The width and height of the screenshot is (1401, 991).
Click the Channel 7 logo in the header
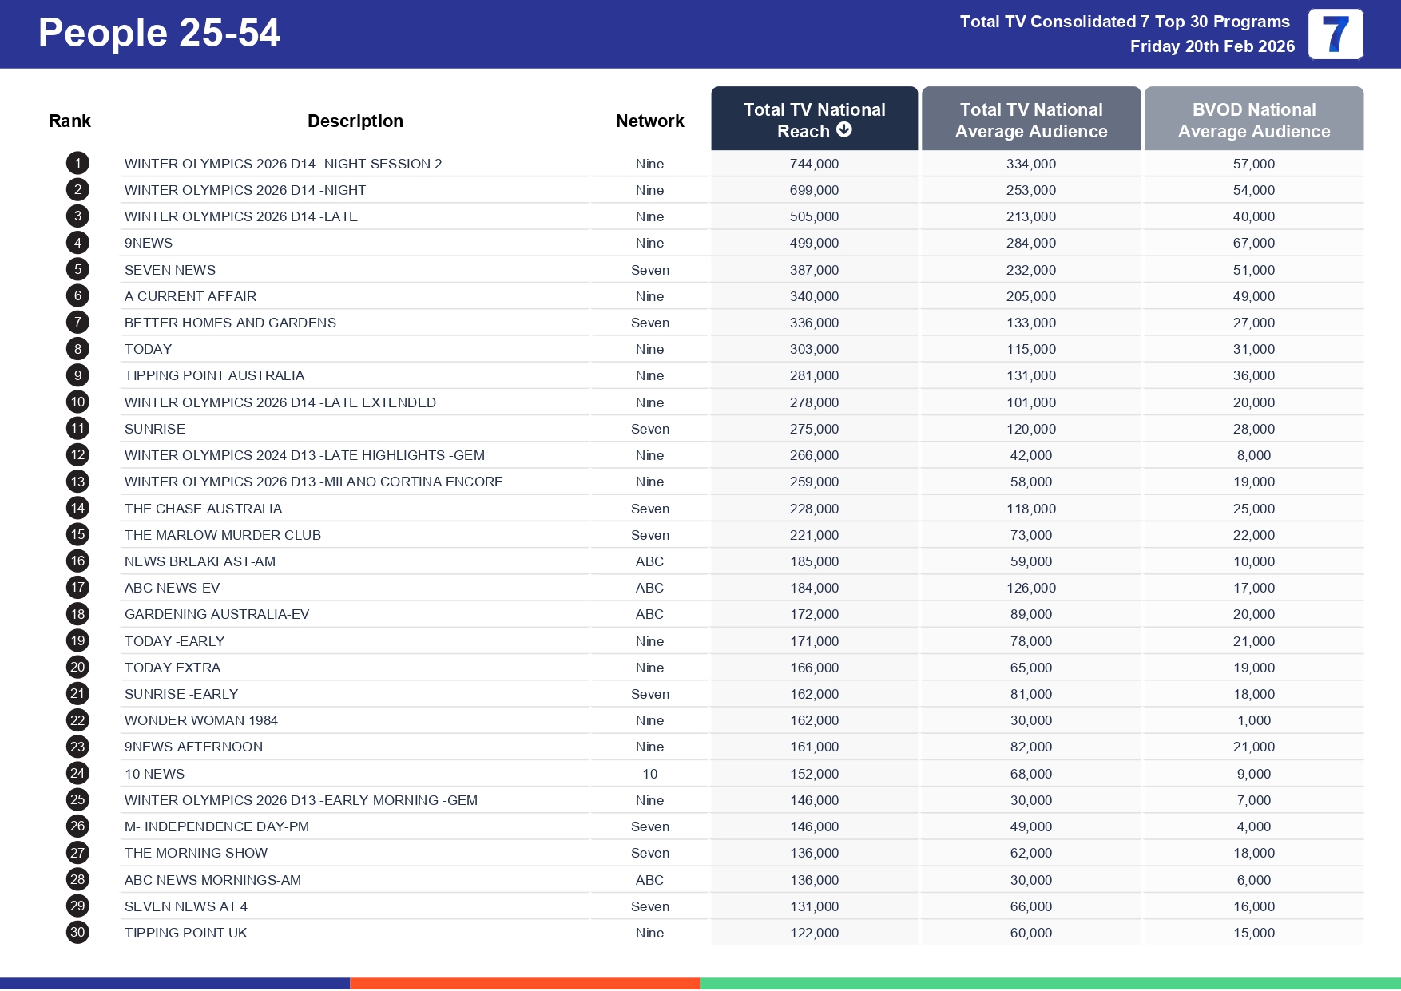tap(1336, 34)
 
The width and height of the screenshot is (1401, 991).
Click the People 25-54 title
tap(159, 34)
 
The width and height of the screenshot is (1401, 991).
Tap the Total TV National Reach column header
tap(814, 119)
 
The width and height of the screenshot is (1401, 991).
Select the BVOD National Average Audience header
tap(1253, 120)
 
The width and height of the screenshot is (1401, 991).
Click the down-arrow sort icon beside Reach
tap(844, 130)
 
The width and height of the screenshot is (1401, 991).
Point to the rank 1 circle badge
tap(77, 164)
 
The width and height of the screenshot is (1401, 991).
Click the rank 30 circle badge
tap(77, 932)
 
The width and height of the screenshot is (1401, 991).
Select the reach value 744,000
tap(814, 164)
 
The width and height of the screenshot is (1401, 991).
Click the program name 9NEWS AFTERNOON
tap(193, 747)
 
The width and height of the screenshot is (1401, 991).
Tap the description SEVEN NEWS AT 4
tap(186, 906)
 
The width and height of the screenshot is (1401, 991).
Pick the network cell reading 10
tap(649, 774)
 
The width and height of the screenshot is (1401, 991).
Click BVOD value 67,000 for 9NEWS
tap(1253, 243)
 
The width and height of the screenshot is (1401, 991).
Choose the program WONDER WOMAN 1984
tap(201, 720)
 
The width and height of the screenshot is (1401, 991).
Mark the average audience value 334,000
tap(1030, 164)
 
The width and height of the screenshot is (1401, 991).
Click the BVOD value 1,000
tap(1253, 720)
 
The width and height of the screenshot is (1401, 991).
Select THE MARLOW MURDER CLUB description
tap(223, 535)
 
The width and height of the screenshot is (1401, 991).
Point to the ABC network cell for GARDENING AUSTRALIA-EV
tap(649, 614)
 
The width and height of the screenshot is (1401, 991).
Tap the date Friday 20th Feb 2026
tap(1212, 46)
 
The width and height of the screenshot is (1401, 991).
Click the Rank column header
tap(69, 121)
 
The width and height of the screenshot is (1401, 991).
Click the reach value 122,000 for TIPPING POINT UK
tap(814, 933)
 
